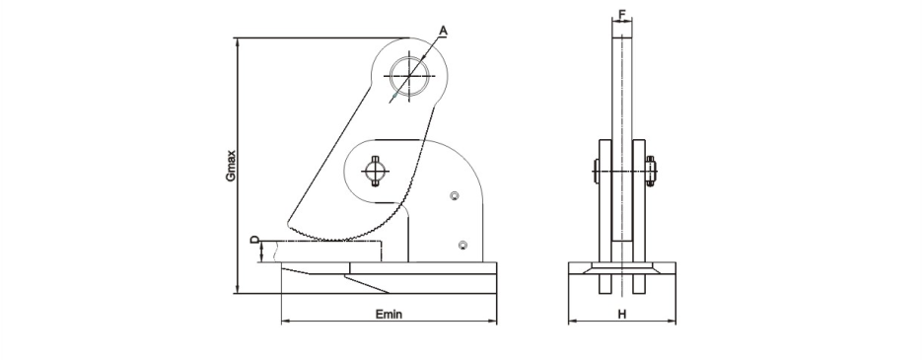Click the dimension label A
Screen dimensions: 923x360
point(443,30)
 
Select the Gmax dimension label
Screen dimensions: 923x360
point(232,166)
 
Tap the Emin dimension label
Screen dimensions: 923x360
point(390,314)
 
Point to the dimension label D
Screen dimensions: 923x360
point(254,240)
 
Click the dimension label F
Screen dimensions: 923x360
point(622,13)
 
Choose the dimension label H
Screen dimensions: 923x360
point(621,314)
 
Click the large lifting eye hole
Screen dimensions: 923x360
point(409,76)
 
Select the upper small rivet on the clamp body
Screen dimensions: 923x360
point(455,195)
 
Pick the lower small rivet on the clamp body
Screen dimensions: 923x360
point(463,246)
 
